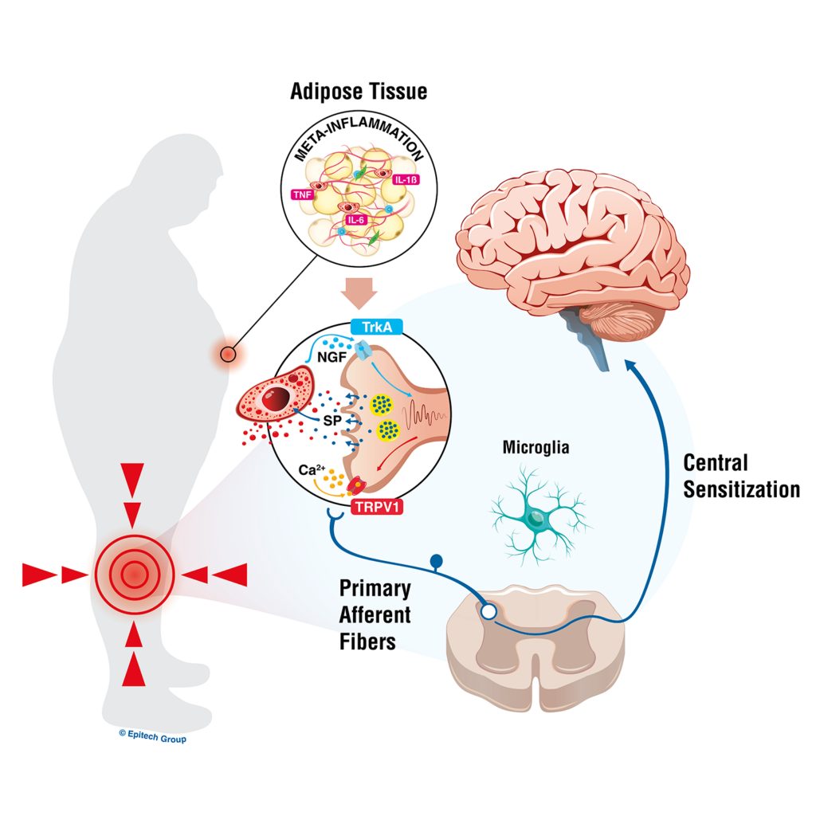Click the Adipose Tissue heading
click(x=358, y=92)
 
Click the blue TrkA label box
click(x=375, y=327)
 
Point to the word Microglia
click(x=535, y=448)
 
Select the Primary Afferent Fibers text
click(x=375, y=615)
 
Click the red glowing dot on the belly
click(x=229, y=353)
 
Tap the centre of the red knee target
click(x=134, y=573)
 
